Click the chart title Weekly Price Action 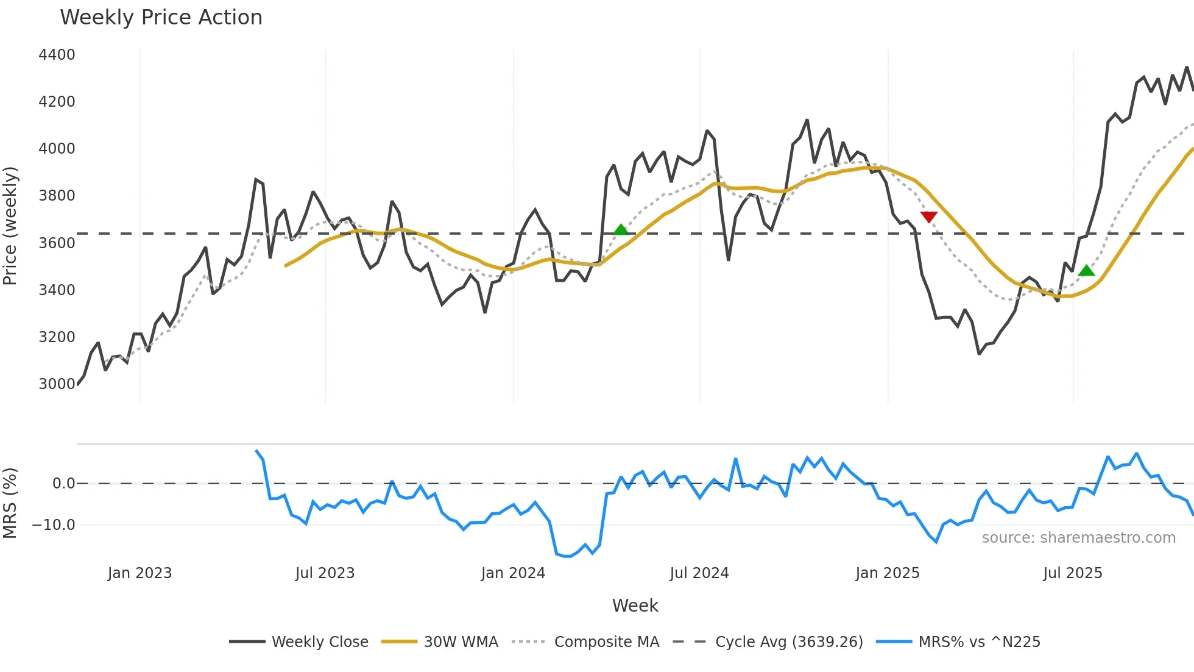pyautogui.click(x=161, y=18)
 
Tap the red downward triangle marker pyautogui.click(x=928, y=216)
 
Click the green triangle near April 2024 pyautogui.click(x=620, y=230)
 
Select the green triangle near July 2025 pyautogui.click(x=1086, y=271)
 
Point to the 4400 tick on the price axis pyautogui.click(x=57, y=55)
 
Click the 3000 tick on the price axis pyautogui.click(x=57, y=384)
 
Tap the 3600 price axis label pyautogui.click(x=57, y=243)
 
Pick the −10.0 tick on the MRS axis pyautogui.click(x=54, y=524)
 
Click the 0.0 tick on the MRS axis pyautogui.click(x=63, y=484)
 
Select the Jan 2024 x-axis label pyautogui.click(x=513, y=573)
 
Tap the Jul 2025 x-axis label pyautogui.click(x=1072, y=573)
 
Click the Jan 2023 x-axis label pyautogui.click(x=140, y=573)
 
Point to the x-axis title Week pyautogui.click(x=635, y=606)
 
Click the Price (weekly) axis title pyautogui.click(x=10, y=226)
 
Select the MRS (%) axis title pyautogui.click(x=10, y=503)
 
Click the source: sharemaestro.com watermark pyautogui.click(x=1078, y=538)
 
